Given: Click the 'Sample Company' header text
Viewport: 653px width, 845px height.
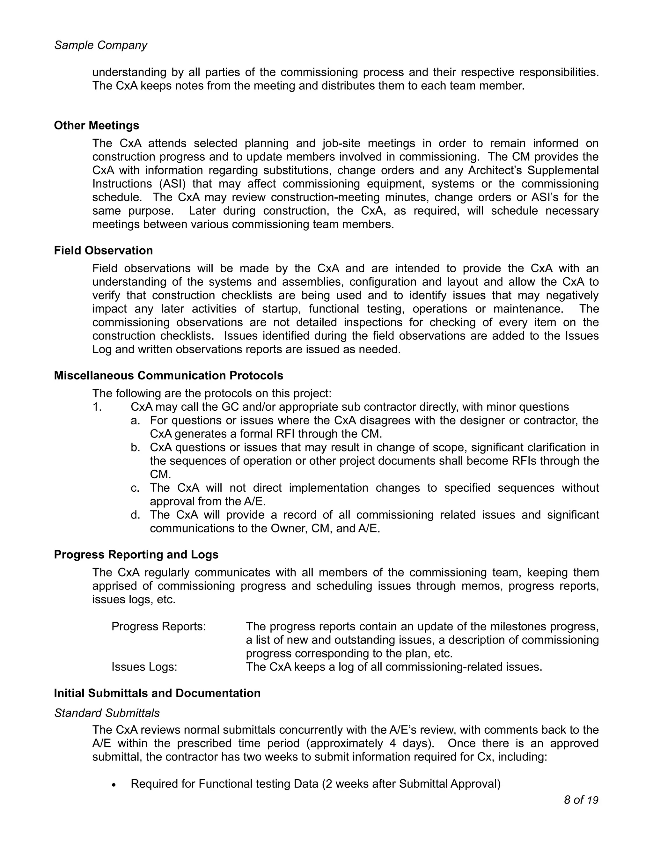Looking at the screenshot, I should click(100, 45).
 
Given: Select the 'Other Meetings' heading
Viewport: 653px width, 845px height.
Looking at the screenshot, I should click(96, 125).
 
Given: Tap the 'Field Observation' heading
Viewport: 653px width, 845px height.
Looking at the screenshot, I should click(103, 250).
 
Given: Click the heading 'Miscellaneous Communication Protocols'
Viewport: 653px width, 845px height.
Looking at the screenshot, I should click(168, 375).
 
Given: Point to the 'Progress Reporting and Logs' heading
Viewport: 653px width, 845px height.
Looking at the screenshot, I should click(136, 555).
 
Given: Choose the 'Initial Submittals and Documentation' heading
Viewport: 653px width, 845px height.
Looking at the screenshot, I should click(157, 693).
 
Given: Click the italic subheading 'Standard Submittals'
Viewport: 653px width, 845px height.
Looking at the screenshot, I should click(107, 713).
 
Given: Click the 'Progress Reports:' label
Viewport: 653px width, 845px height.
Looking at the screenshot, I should click(158, 626).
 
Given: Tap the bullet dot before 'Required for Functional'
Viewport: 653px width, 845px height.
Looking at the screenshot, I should click(114, 785).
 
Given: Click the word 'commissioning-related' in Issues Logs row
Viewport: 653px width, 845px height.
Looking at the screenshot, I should click(444, 667).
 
